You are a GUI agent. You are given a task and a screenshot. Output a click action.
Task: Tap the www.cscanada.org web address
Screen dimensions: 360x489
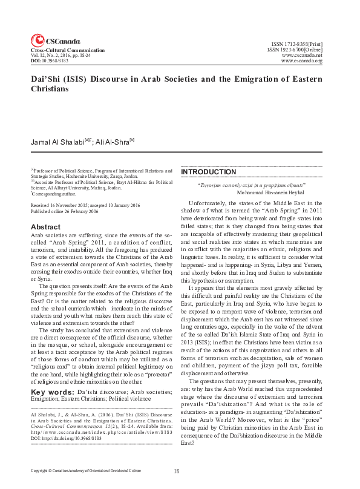coord(302,61)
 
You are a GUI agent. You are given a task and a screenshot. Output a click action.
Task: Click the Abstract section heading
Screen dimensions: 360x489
coord(45,227)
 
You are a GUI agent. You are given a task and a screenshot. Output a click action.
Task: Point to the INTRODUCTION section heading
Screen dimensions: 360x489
coord(209,172)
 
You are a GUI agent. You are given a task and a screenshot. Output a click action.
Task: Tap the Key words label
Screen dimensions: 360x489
coord(48,392)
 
